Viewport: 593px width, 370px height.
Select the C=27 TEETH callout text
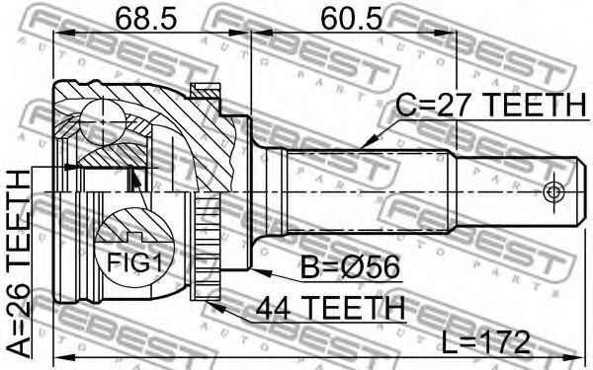click(x=491, y=105)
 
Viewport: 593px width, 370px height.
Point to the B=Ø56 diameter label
click(x=350, y=267)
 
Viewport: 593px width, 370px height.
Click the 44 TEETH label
click(x=330, y=308)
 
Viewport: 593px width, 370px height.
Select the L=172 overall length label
click(x=486, y=342)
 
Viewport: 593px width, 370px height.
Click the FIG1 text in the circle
click(x=134, y=262)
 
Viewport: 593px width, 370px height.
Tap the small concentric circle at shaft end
click(x=553, y=192)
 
